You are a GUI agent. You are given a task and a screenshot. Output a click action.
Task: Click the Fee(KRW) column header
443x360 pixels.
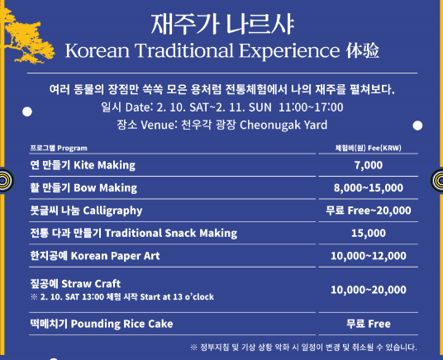click(x=368, y=147)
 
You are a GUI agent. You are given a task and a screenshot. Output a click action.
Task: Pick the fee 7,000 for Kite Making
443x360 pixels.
click(x=368, y=164)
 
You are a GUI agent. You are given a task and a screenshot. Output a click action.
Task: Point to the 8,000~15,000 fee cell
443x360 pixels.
click(x=368, y=187)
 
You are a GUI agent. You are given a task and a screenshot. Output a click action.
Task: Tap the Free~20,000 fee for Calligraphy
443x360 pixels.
click(x=368, y=210)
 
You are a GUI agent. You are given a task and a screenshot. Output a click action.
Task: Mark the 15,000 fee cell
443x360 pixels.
click(x=368, y=233)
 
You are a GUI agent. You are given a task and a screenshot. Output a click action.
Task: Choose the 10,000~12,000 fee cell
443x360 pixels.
click(x=368, y=256)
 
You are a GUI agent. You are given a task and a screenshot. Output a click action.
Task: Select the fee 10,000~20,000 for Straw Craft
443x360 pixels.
click(x=368, y=290)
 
